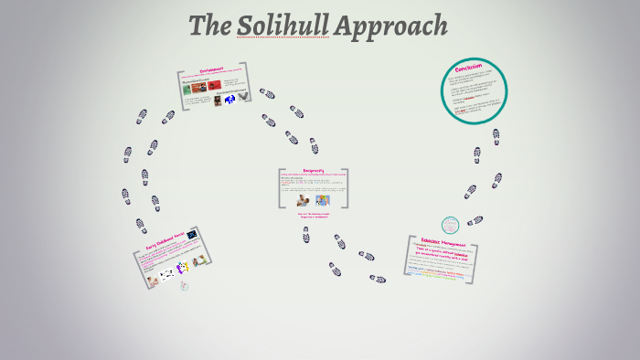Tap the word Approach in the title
point(390,26)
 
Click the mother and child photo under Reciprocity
point(302,199)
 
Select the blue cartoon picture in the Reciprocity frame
point(322,199)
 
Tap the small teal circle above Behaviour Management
point(450,225)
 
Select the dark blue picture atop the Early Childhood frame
point(192,236)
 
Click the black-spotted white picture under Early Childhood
point(166,273)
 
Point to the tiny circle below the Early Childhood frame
point(183,286)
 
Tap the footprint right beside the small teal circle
point(475,220)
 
